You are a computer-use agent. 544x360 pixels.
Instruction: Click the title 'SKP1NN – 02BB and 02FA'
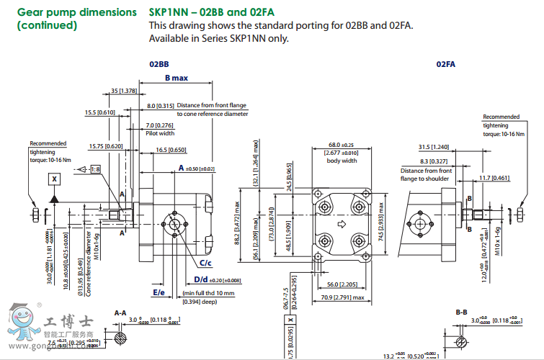pos(201,12)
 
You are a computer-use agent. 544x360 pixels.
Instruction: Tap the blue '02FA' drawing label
pos(446,64)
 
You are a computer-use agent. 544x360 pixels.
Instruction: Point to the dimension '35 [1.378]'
pos(124,91)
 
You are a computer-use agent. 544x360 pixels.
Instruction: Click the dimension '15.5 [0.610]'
pos(100,112)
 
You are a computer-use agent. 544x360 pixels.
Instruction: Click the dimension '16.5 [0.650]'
pos(171,150)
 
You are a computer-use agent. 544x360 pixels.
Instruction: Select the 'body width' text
pos(342,160)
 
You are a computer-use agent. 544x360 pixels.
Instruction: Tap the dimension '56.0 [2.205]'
pos(342,284)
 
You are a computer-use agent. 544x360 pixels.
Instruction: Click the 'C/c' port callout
pos(195,264)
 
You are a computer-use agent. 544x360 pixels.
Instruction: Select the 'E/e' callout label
pos(159,293)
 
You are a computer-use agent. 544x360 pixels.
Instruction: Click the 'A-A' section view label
pos(121,312)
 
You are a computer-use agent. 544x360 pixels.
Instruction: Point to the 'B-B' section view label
pos(462,312)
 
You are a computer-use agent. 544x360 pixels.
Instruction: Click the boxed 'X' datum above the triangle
pos(54,177)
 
